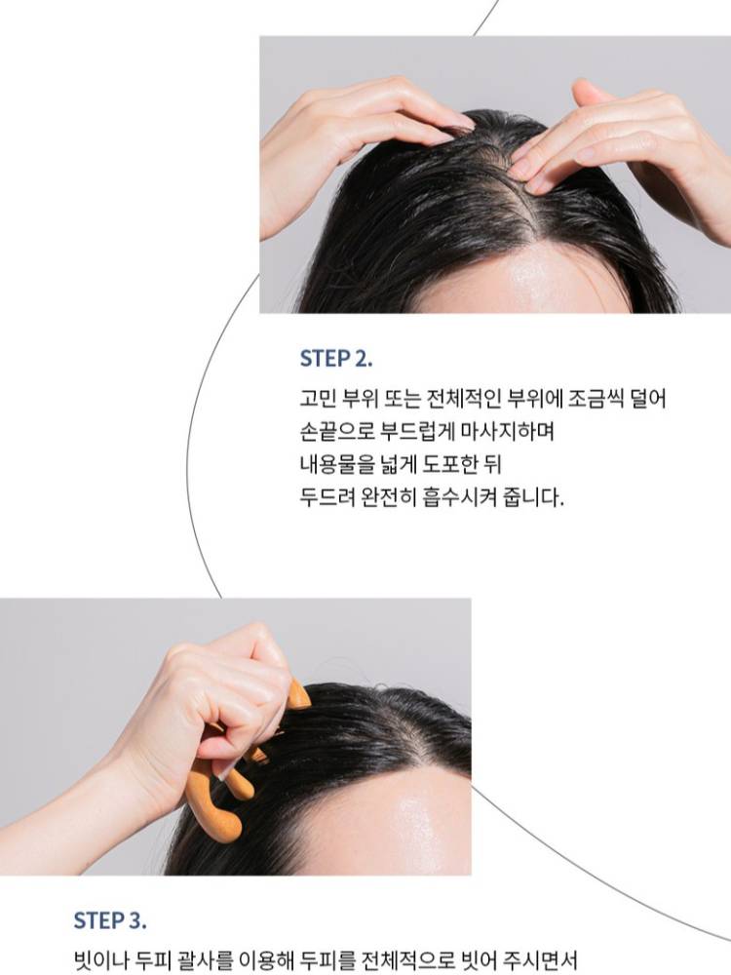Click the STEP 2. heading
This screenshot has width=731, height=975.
point(336,358)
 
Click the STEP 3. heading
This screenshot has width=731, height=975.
point(110,920)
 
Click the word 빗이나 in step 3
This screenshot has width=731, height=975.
point(100,960)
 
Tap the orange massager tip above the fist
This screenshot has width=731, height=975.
point(299,694)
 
